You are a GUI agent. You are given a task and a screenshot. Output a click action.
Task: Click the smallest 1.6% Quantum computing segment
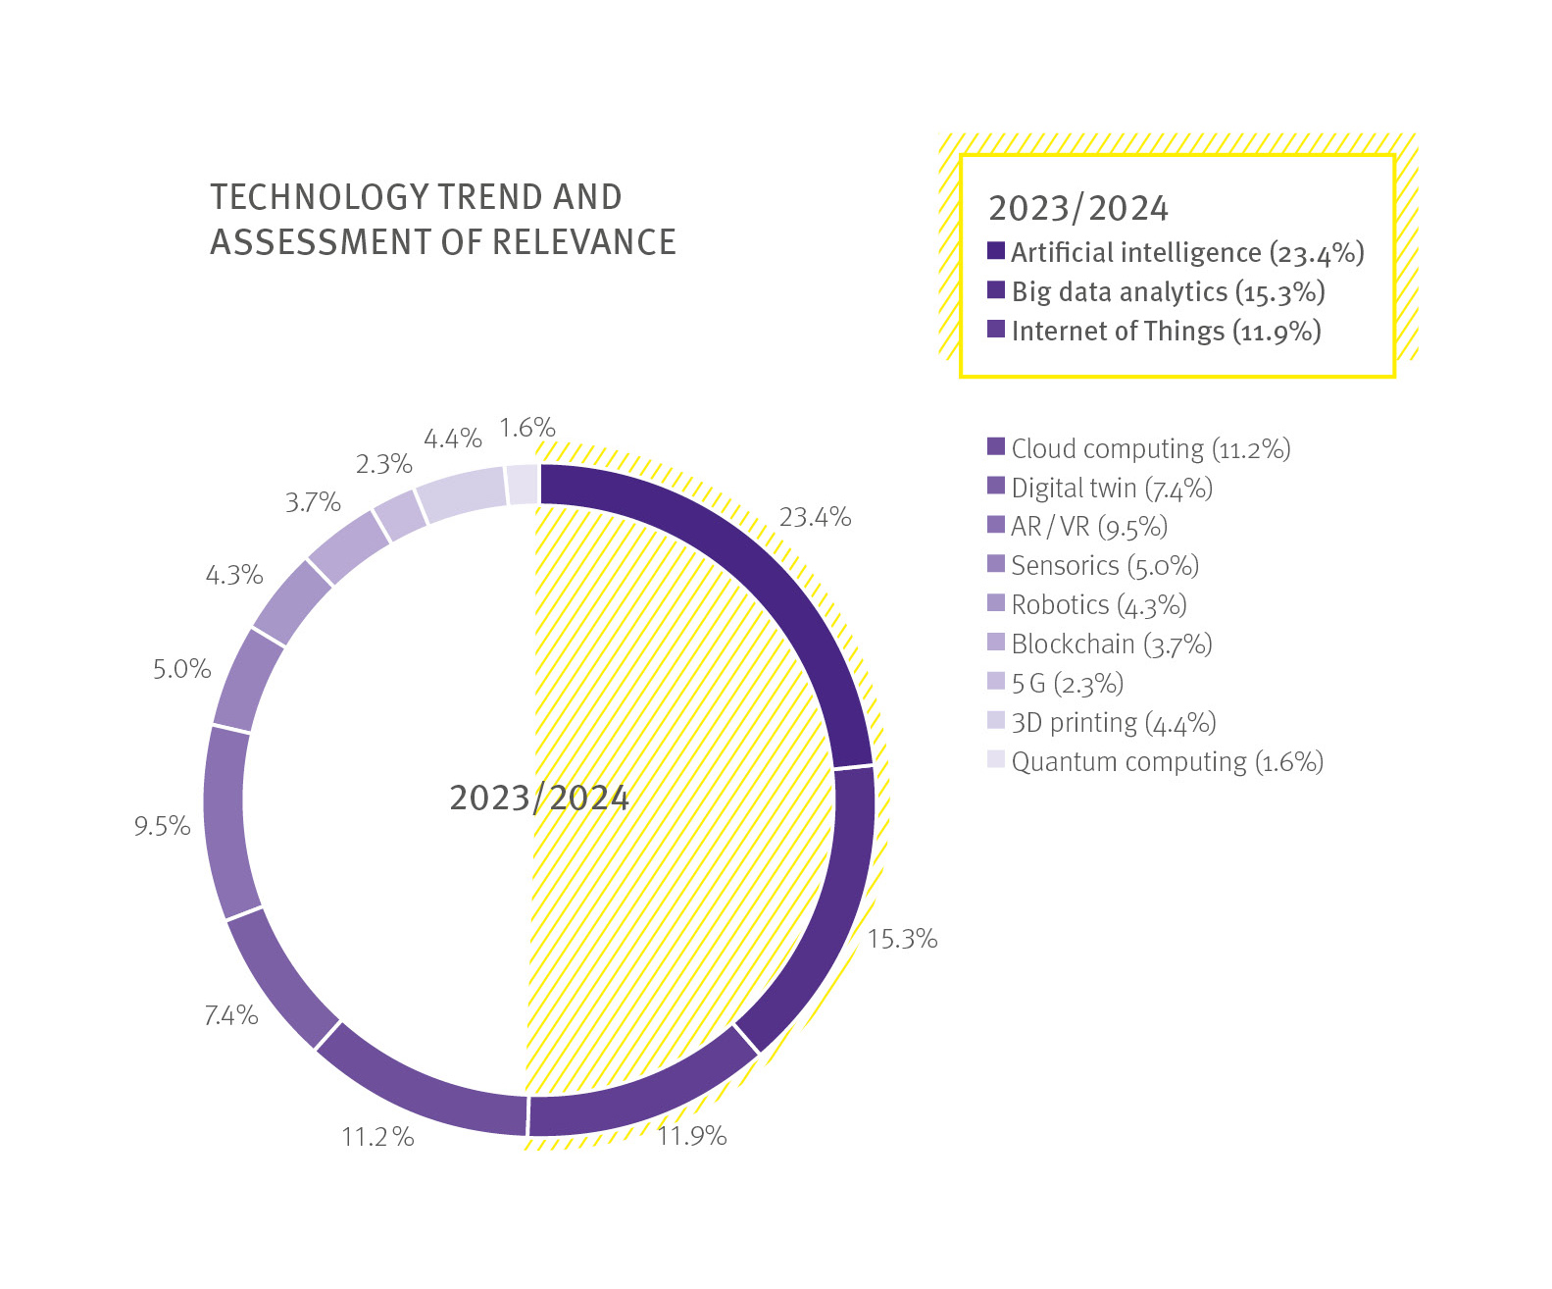point(523,485)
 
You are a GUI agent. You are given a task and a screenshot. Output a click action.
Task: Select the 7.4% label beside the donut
point(231,1015)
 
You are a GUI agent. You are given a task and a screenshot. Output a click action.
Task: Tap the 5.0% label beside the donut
point(182,669)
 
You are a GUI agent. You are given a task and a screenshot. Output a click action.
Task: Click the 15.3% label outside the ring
point(902,939)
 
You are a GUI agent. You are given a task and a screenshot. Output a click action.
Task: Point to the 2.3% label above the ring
point(383,464)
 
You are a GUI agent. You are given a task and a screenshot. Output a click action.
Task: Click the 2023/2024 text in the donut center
point(538,798)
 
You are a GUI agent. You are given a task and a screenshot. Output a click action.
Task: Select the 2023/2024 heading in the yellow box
point(1077,208)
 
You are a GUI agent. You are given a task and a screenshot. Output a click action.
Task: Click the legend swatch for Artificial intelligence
point(996,251)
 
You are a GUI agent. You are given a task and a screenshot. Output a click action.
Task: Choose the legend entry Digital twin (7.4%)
point(1112,488)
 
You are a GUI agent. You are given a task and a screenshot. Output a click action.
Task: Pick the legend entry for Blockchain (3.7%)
point(1112,644)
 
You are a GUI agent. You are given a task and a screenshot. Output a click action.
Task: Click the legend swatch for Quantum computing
point(996,759)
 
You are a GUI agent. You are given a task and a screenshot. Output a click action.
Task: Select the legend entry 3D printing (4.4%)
point(1113,723)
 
